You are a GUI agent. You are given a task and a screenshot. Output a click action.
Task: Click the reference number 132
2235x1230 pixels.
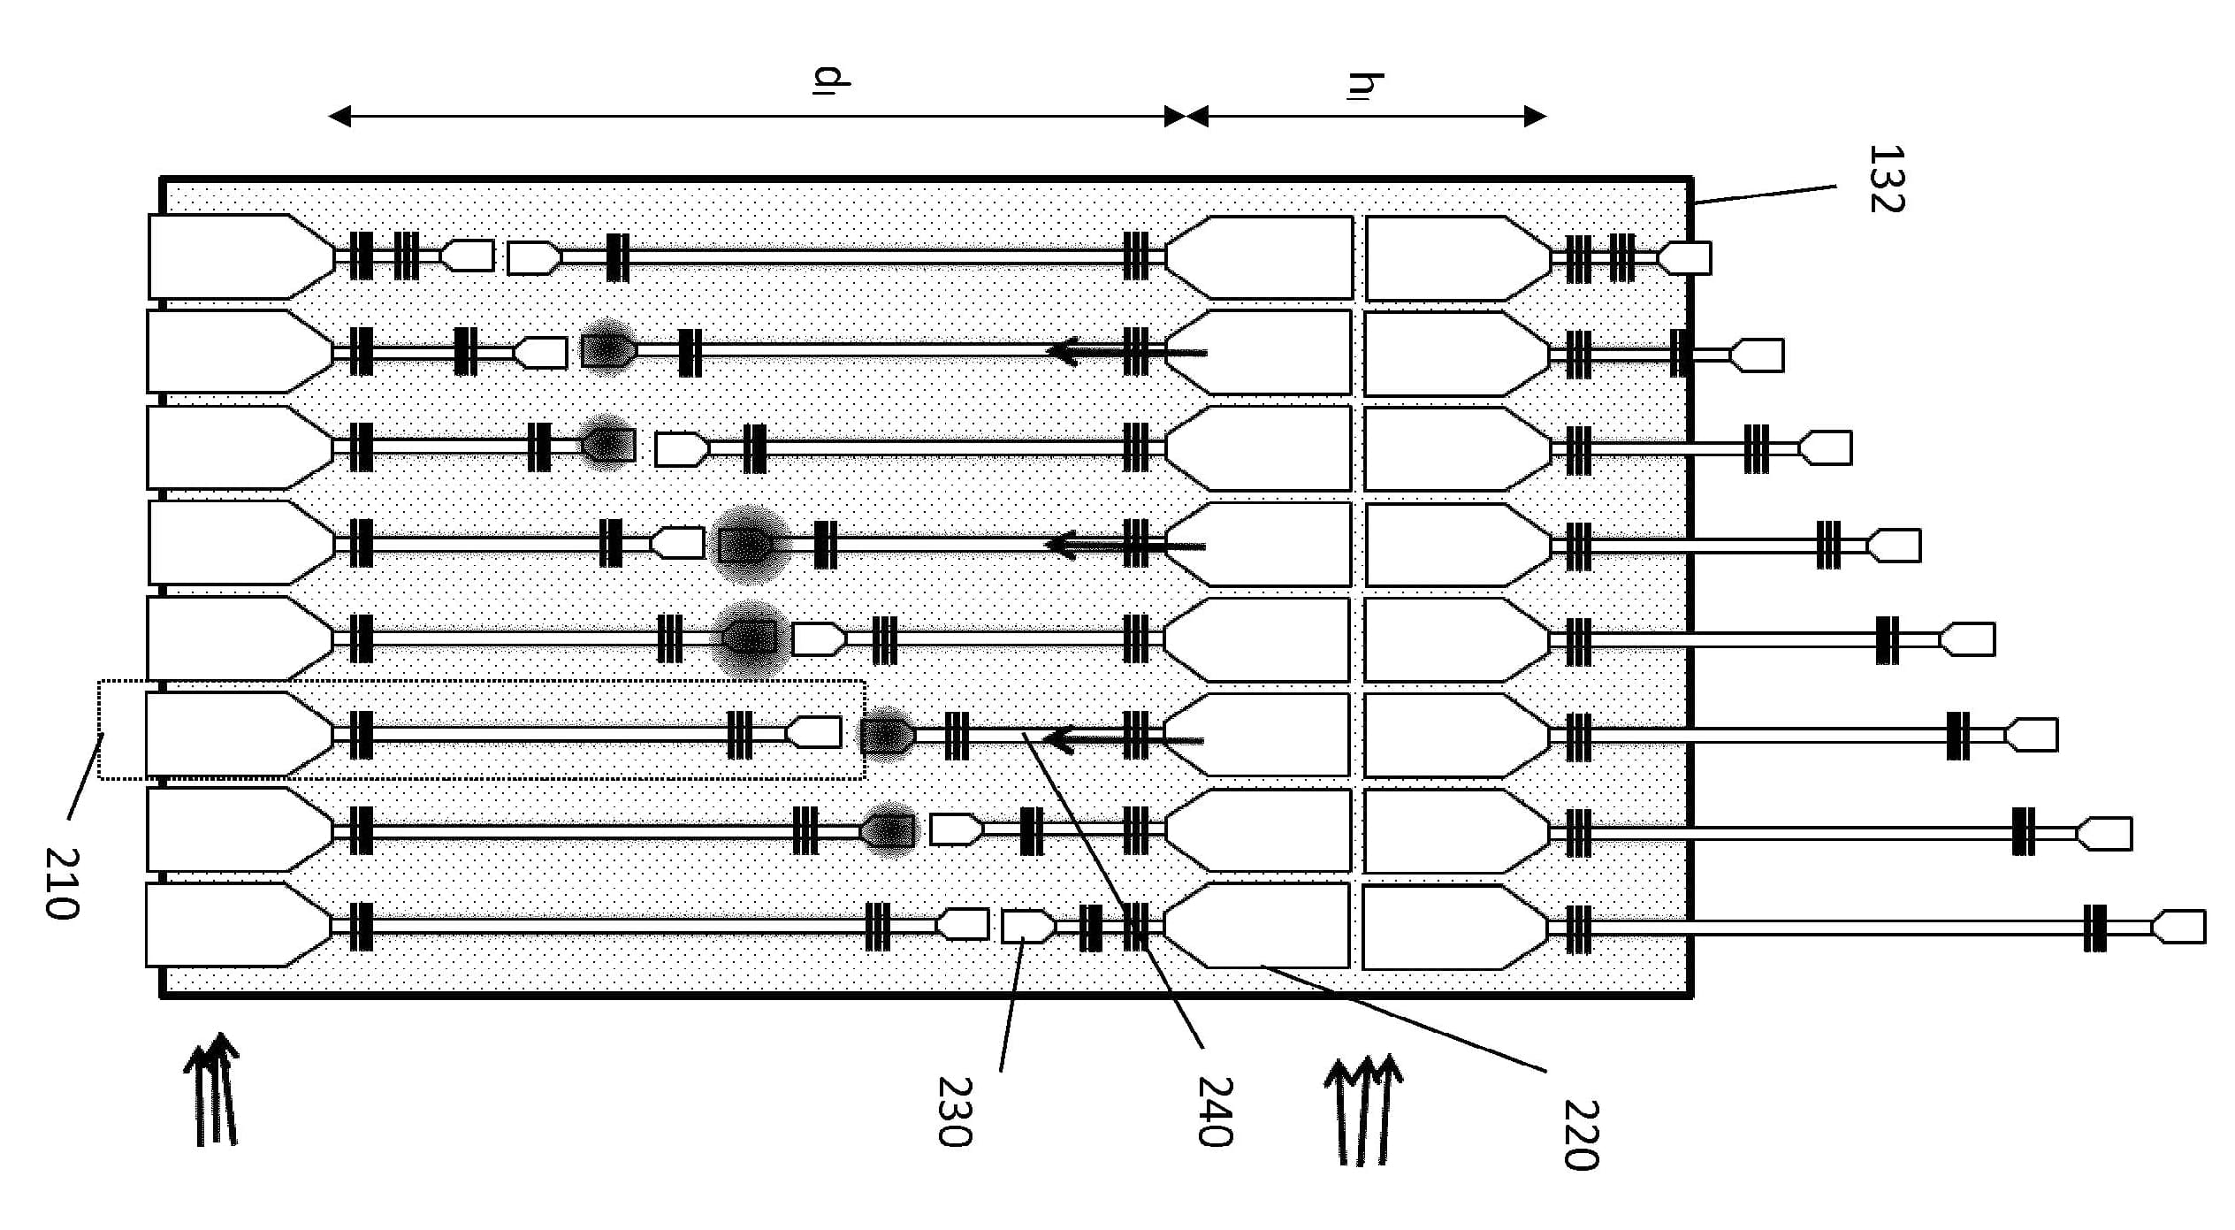click(x=1886, y=179)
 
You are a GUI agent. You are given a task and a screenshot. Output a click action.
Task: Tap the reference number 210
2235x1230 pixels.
click(x=62, y=883)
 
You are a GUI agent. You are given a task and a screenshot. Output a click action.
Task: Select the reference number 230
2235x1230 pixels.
click(x=954, y=1111)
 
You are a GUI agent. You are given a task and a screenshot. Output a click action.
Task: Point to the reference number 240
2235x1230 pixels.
click(x=1214, y=1111)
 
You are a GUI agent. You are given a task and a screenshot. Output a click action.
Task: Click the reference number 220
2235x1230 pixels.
click(x=1581, y=1135)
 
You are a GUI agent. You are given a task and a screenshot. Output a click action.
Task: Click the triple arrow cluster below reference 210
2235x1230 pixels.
click(x=212, y=1089)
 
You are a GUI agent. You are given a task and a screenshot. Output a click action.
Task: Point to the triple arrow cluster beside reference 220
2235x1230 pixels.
click(x=1362, y=1109)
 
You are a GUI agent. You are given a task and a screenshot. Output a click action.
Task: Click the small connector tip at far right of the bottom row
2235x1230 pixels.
click(x=2178, y=927)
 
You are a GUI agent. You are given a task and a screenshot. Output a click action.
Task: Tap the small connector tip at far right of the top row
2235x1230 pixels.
click(x=1683, y=258)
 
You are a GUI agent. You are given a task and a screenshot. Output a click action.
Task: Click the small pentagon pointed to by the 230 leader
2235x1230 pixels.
click(x=1028, y=926)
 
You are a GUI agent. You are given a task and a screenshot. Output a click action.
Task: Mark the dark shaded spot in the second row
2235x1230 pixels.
click(x=607, y=348)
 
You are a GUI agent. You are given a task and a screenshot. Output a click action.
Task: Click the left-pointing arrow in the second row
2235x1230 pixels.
click(x=1126, y=352)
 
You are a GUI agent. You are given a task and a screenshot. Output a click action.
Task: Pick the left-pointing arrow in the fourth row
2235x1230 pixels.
click(x=1125, y=545)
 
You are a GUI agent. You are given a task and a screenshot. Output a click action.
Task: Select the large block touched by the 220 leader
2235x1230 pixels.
click(x=1256, y=926)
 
